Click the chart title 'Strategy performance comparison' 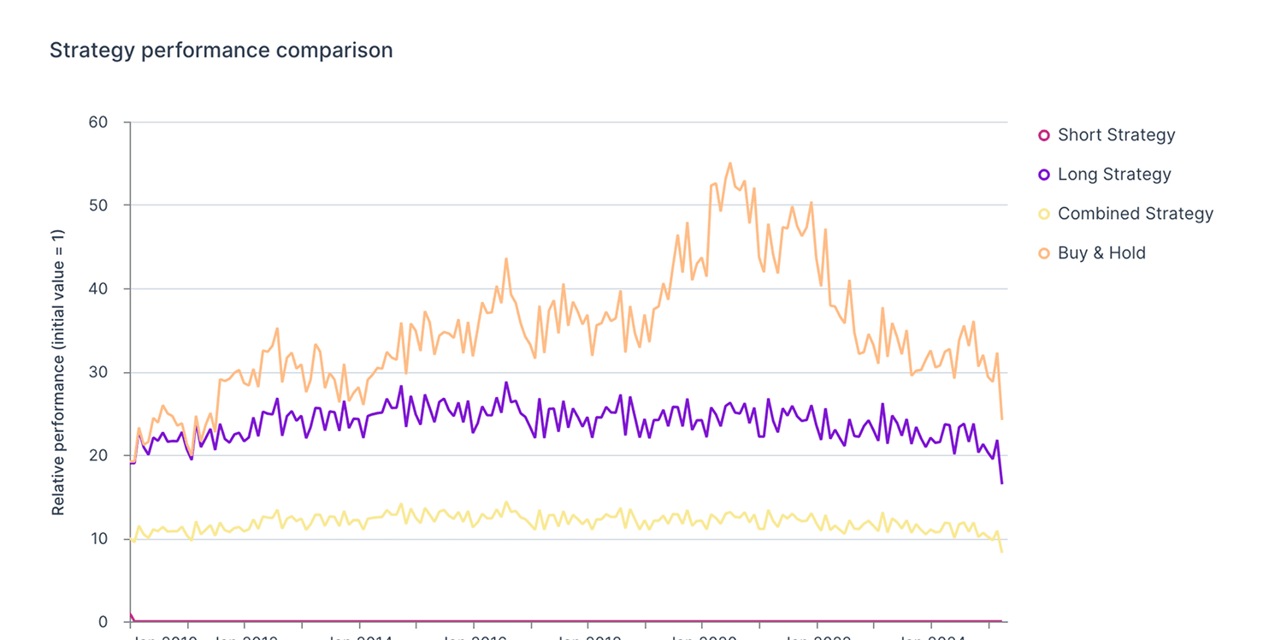click(221, 50)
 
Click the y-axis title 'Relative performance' click(58, 373)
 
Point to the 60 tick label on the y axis click(98, 122)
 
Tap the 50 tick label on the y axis click(98, 205)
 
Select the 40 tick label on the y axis click(98, 289)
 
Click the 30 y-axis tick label click(98, 372)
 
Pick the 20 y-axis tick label click(98, 455)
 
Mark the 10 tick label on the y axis click(98, 539)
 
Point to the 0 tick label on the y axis click(103, 622)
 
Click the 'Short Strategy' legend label click(1116, 135)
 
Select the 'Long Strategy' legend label click(1114, 175)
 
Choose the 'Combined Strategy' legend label click(1135, 214)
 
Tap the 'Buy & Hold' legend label click(1101, 253)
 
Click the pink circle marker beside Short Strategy click(1043, 135)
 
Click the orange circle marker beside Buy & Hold click(1043, 253)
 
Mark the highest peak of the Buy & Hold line click(729, 163)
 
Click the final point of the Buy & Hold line click(1001, 419)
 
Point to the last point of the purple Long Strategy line click(1001, 483)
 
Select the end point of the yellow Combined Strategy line click(1001, 552)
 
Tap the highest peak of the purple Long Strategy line click(506, 382)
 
